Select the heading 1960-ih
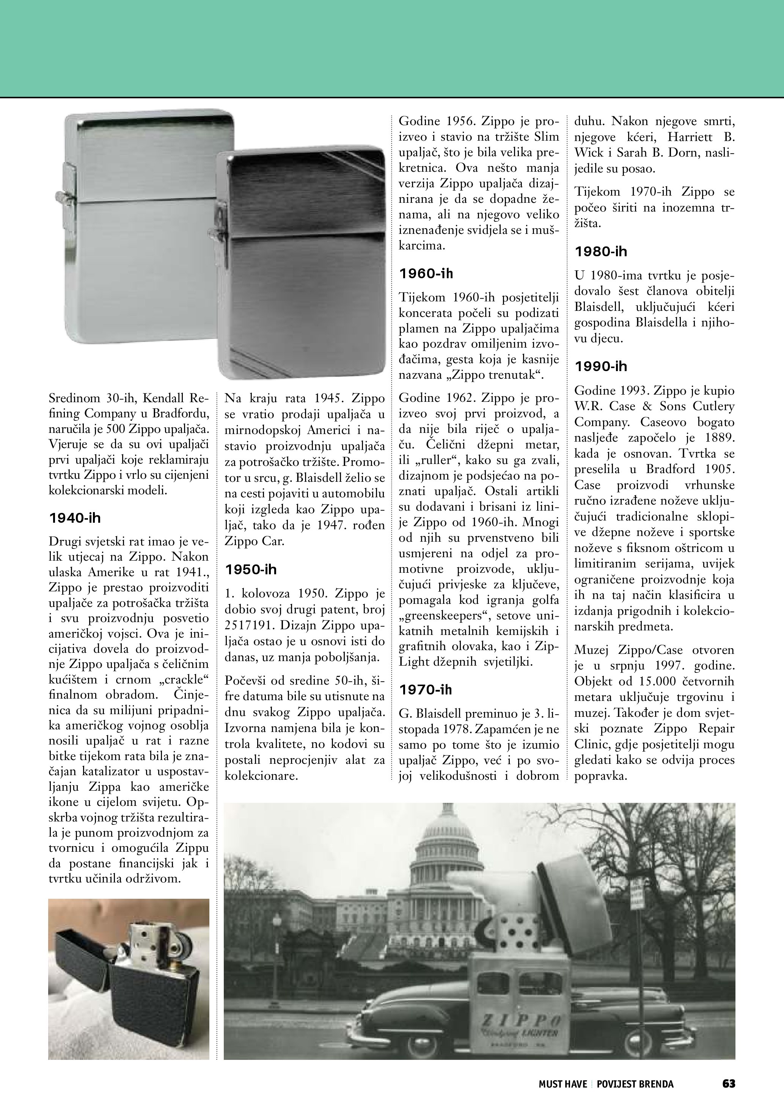pyautogui.click(x=426, y=274)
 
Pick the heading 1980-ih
pyautogui.click(x=601, y=251)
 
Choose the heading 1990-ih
pyautogui.click(x=601, y=366)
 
